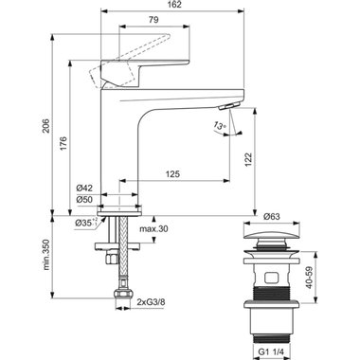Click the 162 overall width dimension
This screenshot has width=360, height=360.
172,5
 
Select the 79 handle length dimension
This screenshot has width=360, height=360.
153,20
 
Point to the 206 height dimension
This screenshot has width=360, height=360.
46,125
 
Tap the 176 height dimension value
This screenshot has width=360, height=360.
63,143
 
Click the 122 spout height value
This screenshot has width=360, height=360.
248,160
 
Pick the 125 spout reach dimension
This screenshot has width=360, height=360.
172,174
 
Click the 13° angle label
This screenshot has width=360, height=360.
220,125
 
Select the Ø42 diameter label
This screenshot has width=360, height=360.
84,189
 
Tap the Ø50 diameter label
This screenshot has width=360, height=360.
84,200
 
